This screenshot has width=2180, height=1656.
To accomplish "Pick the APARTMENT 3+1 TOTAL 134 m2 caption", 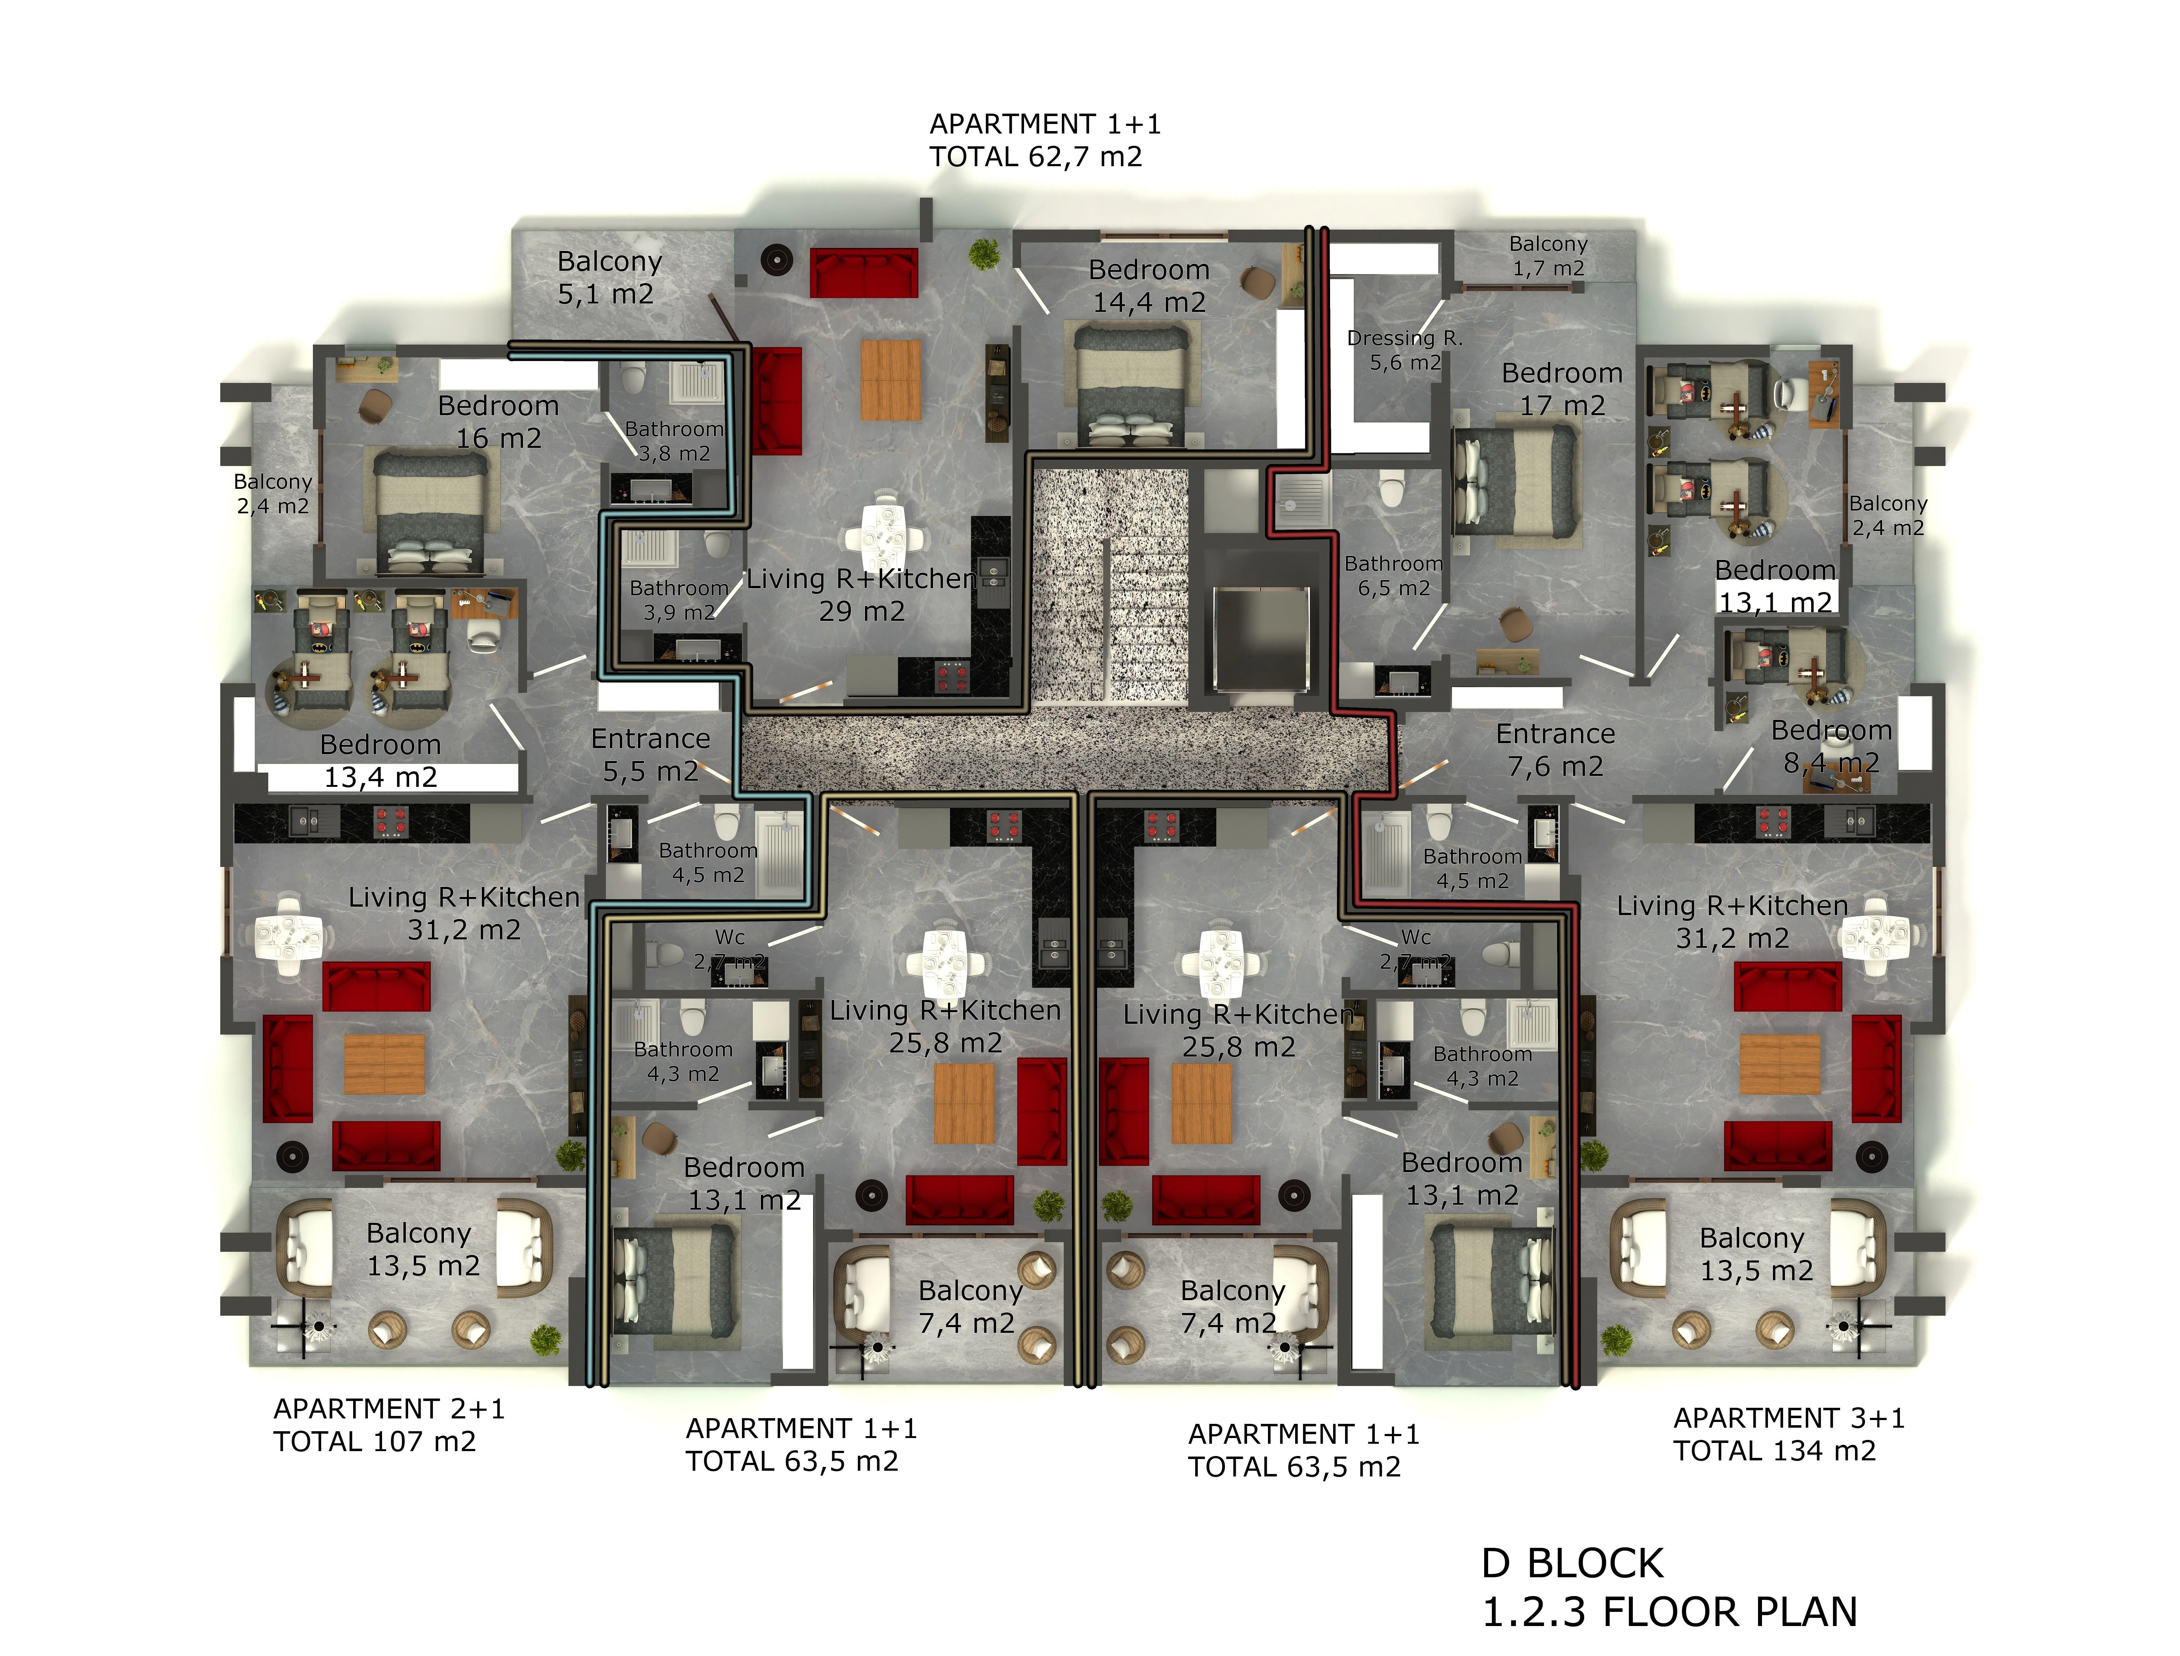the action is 1789,1434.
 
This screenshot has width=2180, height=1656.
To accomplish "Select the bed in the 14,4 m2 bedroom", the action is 1131,386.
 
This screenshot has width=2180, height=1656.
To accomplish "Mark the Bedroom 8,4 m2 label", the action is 1831,746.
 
